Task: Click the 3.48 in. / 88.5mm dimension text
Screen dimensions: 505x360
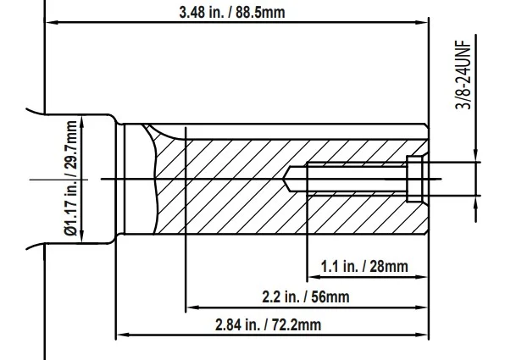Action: [232, 13]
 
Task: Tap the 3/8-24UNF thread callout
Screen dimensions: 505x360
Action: [463, 75]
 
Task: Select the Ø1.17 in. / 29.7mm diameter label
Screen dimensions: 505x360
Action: [70, 178]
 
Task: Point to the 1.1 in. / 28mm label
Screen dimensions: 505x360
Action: [364, 266]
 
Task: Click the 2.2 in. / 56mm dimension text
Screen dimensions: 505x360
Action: [306, 296]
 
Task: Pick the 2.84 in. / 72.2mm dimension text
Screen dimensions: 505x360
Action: [269, 324]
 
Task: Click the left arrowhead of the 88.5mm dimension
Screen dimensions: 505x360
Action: [52, 22]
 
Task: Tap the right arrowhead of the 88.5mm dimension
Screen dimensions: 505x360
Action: [422, 22]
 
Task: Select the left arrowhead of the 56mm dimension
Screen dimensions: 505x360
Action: [193, 307]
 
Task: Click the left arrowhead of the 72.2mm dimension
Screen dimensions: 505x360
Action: [123, 335]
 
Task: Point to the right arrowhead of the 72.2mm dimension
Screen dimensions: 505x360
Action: [422, 335]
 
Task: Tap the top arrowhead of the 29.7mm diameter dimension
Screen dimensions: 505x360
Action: [82, 122]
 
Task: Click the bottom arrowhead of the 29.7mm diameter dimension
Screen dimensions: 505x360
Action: [82, 235]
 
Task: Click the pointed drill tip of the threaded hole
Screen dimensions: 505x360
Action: [284, 179]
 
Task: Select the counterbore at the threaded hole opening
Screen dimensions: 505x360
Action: [414, 179]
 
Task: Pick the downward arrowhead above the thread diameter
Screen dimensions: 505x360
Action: [476, 155]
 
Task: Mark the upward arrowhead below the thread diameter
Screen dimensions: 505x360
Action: [476, 202]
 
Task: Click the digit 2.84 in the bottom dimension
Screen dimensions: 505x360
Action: [228, 324]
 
